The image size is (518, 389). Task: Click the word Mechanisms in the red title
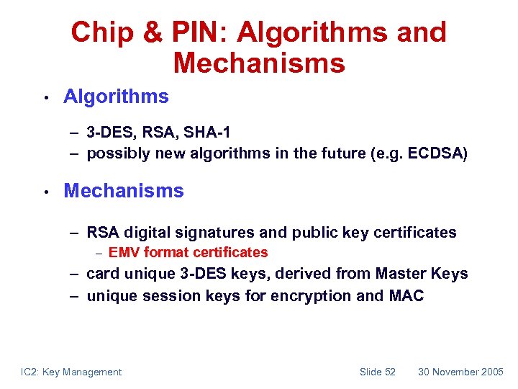[x=259, y=63]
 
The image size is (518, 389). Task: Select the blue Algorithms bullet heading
[x=116, y=97]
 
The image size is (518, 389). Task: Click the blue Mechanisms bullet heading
[x=124, y=191]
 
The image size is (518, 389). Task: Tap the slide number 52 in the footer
[x=389, y=372]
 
